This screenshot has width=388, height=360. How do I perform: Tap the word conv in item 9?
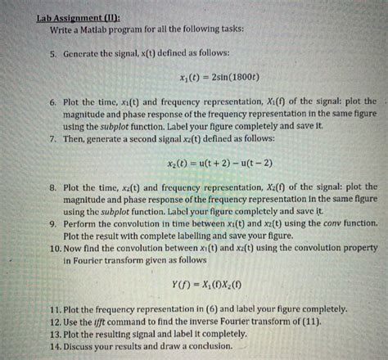click(x=320, y=222)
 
